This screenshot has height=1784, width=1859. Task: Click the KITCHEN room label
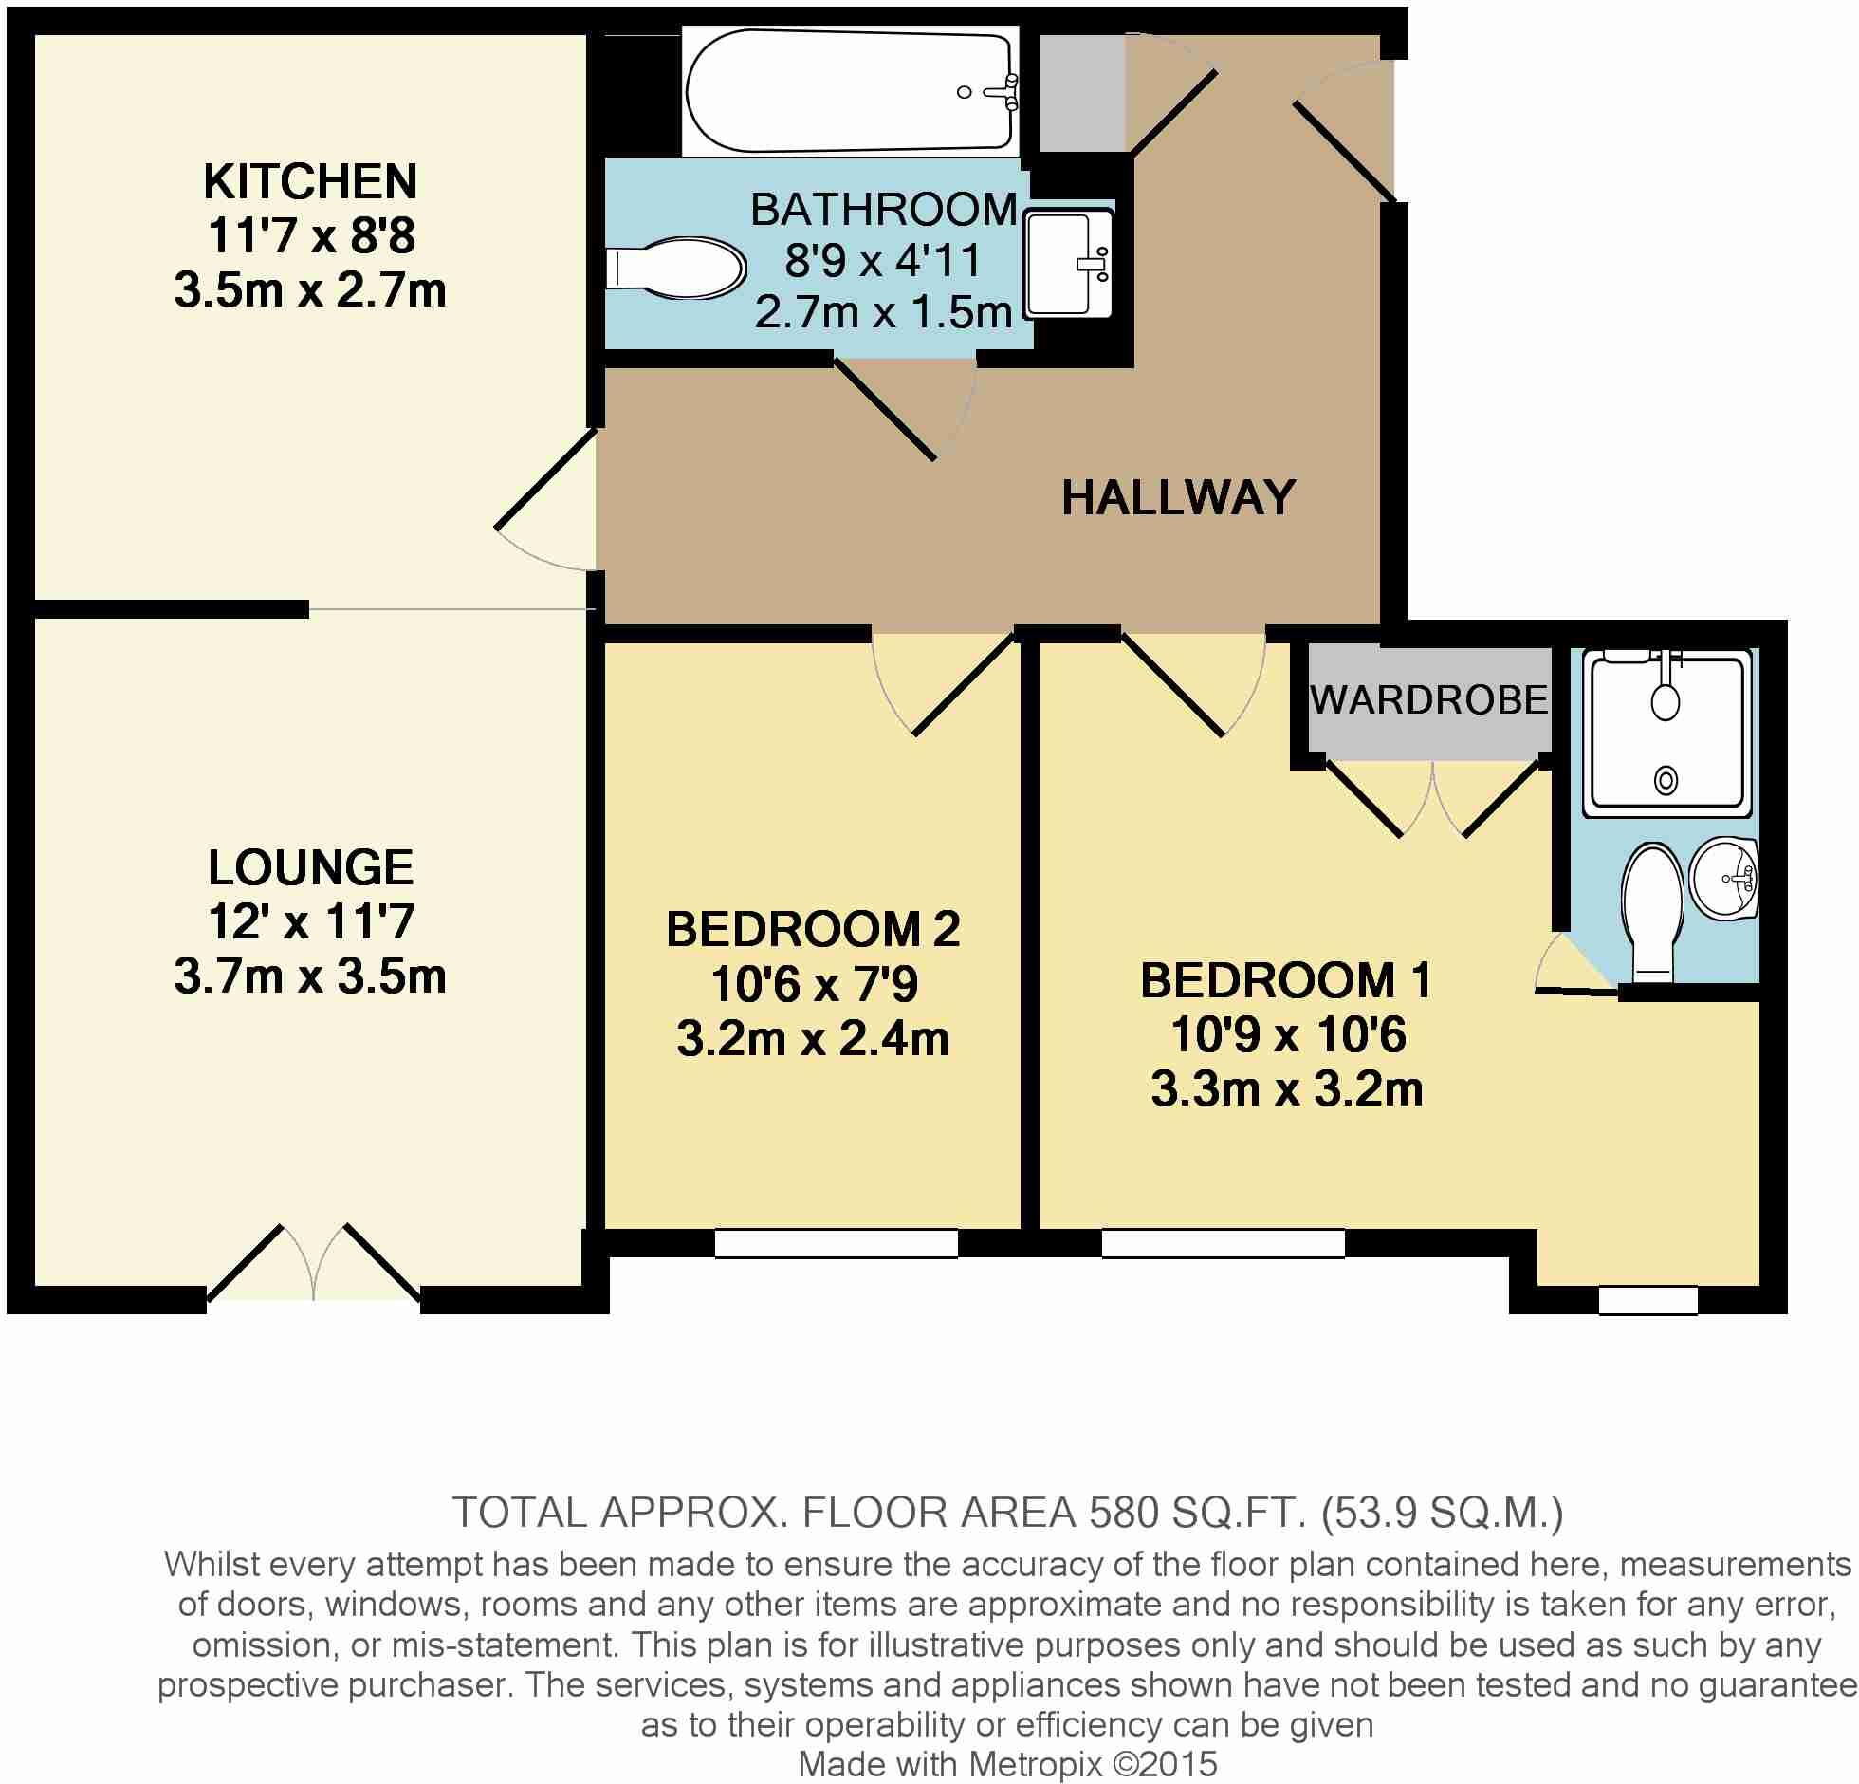click(x=310, y=181)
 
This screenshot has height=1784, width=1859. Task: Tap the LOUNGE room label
click(x=310, y=866)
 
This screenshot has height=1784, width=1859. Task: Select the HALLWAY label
click(x=1177, y=497)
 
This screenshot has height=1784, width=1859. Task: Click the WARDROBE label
click(x=1428, y=700)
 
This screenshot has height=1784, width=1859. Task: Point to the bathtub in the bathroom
click(x=849, y=91)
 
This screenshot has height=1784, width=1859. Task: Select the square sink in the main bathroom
click(x=1068, y=263)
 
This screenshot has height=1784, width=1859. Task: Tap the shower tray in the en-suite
click(x=1666, y=733)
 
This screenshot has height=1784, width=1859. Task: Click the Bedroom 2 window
click(x=836, y=1243)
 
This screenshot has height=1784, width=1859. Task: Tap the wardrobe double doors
click(x=1432, y=797)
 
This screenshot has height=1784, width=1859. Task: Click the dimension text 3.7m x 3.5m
click(x=310, y=976)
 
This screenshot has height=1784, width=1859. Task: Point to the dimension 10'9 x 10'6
click(x=1286, y=1034)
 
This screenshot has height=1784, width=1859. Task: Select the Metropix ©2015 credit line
click(x=1006, y=1764)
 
